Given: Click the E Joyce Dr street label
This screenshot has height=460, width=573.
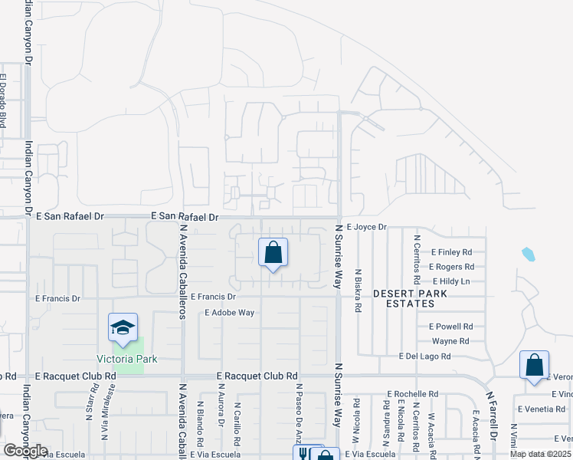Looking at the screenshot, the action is point(367,227).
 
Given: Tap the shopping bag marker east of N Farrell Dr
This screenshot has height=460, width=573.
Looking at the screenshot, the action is point(534,365).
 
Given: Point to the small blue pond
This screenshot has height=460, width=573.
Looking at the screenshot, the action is point(528,253).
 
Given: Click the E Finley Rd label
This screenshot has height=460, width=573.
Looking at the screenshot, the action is point(451,252).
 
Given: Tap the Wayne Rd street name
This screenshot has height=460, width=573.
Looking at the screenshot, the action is point(450,341).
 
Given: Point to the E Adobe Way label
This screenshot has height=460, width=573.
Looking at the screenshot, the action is point(229,313).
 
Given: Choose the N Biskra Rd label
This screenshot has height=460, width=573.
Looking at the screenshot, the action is point(358,291).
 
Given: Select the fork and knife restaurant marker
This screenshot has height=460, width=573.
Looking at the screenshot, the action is point(303,454).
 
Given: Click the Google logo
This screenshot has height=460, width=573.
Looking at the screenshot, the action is point(25,451).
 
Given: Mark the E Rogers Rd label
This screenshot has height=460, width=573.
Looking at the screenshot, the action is point(451,267).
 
